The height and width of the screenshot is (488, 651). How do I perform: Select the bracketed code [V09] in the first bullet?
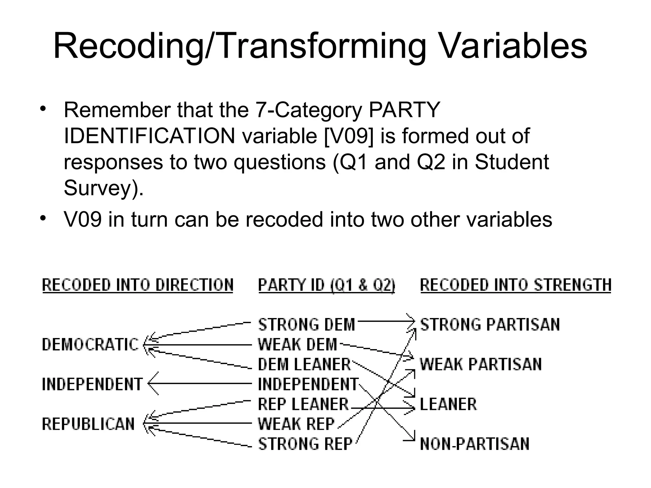(x=349, y=136)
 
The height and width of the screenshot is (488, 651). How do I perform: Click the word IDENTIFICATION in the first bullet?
(x=149, y=136)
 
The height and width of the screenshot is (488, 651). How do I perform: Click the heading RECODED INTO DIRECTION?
(x=138, y=285)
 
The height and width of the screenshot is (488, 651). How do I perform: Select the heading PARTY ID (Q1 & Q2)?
(x=326, y=285)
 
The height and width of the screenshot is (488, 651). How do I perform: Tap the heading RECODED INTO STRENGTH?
(x=516, y=285)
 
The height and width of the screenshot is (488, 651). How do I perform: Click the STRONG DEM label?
(x=306, y=325)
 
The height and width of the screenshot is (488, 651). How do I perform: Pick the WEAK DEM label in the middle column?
(x=298, y=344)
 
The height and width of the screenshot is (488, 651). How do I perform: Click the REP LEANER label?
(x=303, y=404)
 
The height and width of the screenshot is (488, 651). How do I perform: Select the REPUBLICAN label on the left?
(x=88, y=424)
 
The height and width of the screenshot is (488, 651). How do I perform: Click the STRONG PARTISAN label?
(x=490, y=325)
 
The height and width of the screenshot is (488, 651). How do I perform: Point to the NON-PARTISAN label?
(x=475, y=444)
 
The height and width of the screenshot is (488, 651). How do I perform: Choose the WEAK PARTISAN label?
(x=481, y=364)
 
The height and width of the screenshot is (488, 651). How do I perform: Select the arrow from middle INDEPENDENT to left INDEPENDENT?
(x=200, y=384)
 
